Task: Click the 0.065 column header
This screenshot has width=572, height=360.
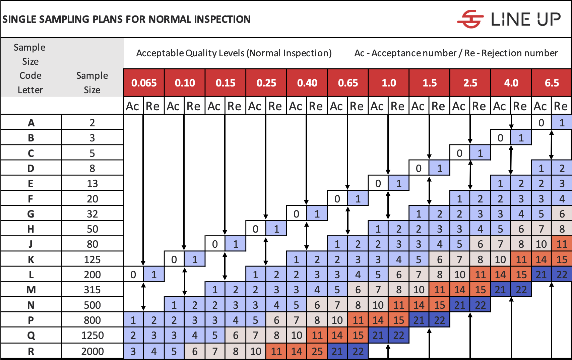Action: pos(144,83)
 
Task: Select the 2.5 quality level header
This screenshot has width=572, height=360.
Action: pos(470,83)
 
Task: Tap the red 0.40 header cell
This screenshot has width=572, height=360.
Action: pos(307,83)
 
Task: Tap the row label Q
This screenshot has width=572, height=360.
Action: pos(31,336)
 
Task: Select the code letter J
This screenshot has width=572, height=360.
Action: pos(31,244)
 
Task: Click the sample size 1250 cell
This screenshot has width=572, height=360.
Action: pos(92,336)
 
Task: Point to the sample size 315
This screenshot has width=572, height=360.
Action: pos(92,290)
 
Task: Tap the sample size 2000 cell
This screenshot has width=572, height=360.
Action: pos(92,351)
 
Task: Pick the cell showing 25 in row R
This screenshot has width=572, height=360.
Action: pos(317,351)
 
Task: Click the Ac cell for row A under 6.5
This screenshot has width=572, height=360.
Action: pos(541,123)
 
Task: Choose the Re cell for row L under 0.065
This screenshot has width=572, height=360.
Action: pos(154,275)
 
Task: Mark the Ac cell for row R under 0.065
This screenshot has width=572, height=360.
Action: pos(133,351)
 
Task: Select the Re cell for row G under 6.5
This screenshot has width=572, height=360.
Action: pos(562,214)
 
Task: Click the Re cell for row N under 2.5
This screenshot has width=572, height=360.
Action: pos(480,305)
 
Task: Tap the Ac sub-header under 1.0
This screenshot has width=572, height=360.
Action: pos(378,106)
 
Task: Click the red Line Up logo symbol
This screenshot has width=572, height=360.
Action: pos(470,19)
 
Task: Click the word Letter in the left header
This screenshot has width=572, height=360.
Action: pos(30,90)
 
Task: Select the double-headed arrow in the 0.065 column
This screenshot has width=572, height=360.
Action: pos(143,297)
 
